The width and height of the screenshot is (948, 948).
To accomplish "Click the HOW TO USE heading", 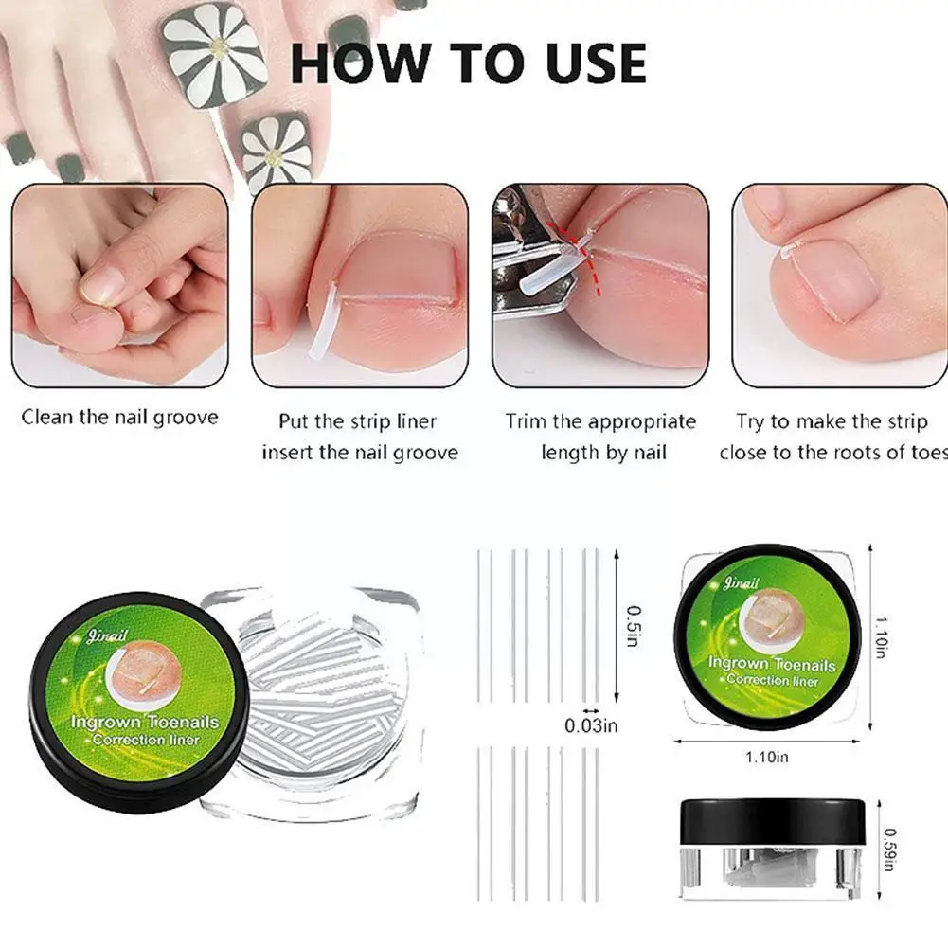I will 468,64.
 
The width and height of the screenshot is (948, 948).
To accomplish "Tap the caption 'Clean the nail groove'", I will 119,418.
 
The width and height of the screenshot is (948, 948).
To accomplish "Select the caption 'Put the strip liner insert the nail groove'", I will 359,437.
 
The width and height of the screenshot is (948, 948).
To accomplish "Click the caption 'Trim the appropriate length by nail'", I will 600,437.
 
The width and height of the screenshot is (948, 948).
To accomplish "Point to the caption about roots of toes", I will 832,437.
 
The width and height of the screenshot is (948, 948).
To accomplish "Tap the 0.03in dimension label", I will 591,726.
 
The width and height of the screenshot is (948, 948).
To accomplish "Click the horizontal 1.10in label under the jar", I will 767,757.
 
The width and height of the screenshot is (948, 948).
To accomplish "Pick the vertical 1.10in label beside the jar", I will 881,635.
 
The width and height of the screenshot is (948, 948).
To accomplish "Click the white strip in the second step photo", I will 325,318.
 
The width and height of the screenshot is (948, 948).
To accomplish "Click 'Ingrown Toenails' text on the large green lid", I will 144,723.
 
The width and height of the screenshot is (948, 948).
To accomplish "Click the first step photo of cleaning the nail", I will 119,285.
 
